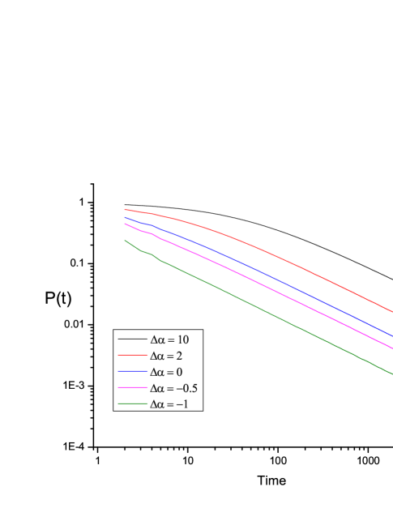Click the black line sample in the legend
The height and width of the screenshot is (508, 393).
click(132, 339)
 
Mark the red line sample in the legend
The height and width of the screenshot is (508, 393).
click(132, 355)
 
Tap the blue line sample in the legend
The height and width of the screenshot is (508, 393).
click(132, 371)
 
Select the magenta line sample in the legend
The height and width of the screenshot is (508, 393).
click(132, 387)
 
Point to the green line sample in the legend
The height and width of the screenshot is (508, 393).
click(132, 403)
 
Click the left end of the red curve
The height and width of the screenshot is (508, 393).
click(125, 209)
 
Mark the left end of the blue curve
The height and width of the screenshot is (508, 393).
click(125, 217)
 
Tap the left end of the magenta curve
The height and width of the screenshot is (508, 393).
click(125, 224)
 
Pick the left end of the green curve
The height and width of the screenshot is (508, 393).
click(125, 240)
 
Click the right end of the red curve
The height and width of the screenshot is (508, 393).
click(392, 311)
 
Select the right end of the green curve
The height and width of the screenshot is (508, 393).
click(392, 371)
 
